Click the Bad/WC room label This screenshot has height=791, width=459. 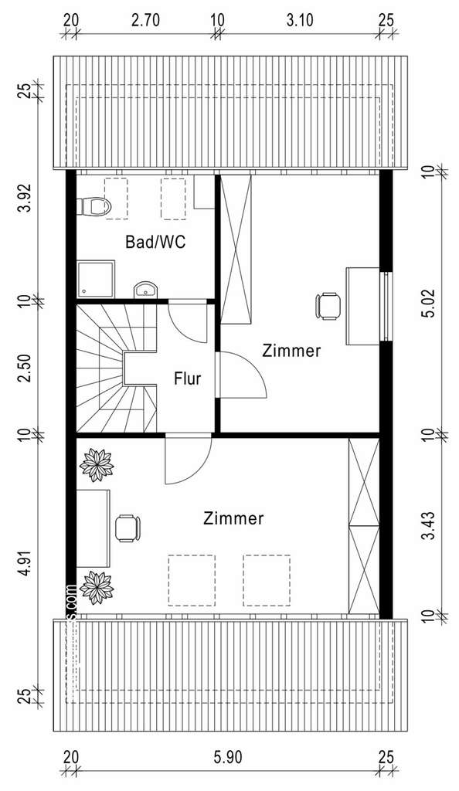pyautogui.click(x=155, y=242)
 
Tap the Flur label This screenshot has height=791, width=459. pyautogui.click(x=187, y=379)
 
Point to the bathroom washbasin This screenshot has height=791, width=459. pyautogui.click(x=145, y=290)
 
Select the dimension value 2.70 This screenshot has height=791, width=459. pyautogui.click(x=144, y=21)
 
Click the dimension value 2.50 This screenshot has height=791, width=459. pyautogui.click(x=26, y=365)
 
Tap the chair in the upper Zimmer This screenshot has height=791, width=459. pyautogui.click(x=328, y=305)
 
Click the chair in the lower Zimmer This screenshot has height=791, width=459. pyautogui.click(x=127, y=528)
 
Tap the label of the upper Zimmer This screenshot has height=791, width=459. pyautogui.click(x=291, y=350)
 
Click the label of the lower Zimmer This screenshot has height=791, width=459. pyautogui.click(x=234, y=518)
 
